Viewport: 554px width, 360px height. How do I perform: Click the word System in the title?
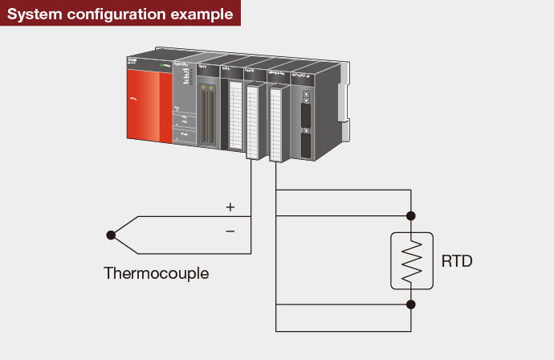click(x=33, y=14)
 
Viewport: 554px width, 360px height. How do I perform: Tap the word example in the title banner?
click(x=200, y=14)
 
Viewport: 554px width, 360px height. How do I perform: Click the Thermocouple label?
click(x=156, y=273)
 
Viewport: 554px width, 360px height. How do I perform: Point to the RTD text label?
click(x=457, y=261)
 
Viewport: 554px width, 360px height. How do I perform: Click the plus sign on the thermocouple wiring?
click(x=230, y=207)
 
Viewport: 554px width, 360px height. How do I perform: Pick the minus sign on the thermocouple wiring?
click(x=230, y=231)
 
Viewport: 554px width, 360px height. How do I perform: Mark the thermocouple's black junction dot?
click(x=110, y=235)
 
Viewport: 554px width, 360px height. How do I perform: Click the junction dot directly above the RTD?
click(x=411, y=215)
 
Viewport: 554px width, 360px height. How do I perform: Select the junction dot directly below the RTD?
click(x=411, y=305)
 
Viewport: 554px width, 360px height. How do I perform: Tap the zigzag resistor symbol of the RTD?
click(x=411, y=260)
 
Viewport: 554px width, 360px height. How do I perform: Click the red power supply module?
click(x=149, y=104)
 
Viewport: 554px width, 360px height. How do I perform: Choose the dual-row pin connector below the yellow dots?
click(x=209, y=117)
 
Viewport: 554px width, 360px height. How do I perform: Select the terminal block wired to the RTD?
click(x=277, y=125)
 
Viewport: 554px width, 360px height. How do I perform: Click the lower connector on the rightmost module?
click(x=306, y=145)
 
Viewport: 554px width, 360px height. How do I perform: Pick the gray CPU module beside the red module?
click(x=185, y=104)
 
